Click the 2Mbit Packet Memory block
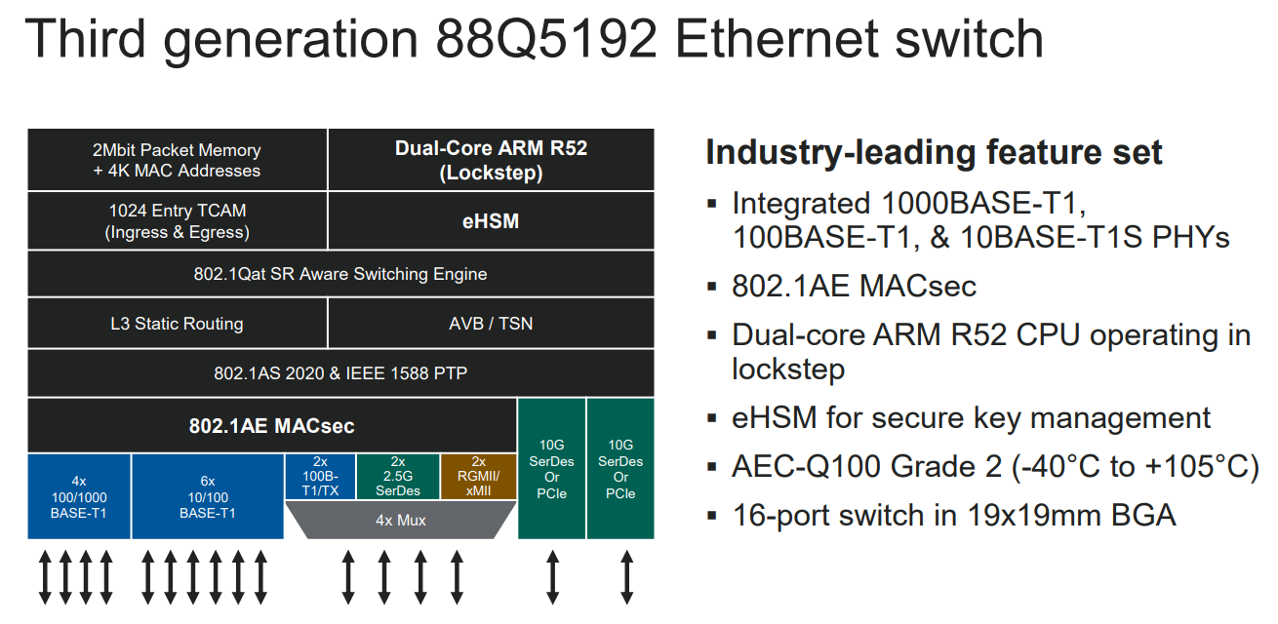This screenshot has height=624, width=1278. (x=177, y=160)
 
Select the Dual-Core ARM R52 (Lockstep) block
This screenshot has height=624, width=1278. (x=491, y=160)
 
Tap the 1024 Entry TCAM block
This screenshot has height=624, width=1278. (x=177, y=221)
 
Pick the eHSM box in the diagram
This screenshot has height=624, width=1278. (x=491, y=221)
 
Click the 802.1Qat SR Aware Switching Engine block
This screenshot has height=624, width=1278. (x=340, y=274)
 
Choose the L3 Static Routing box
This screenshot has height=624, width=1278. (x=177, y=323)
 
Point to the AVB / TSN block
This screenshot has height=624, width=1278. (x=491, y=323)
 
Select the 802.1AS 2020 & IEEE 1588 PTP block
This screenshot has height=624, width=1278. (x=340, y=373)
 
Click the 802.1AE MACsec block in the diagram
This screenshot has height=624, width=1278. (x=271, y=426)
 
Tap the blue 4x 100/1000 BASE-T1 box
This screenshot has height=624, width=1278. (x=79, y=496)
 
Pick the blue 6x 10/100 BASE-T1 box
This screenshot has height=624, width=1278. (x=208, y=496)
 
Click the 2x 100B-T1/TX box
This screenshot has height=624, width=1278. (x=320, y=476)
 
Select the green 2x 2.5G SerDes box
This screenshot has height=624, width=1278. (x=398, y=476)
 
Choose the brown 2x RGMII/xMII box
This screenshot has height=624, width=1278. (x=478, y=476)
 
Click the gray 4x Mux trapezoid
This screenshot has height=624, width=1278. (x=401, y=520)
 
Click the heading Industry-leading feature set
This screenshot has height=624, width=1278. (x=934, y=153)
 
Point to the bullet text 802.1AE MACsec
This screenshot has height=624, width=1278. (x=854, y=286)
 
